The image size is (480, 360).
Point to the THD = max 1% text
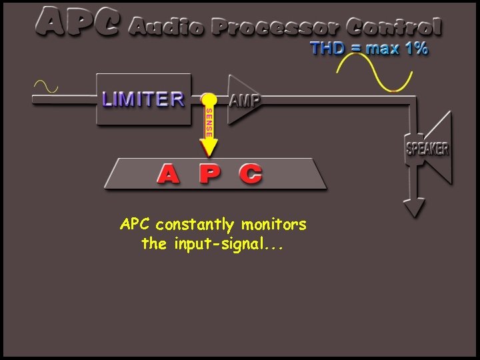click(369, 49)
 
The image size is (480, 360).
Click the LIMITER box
click(144, 99)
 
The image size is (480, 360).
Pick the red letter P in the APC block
click(209, 174)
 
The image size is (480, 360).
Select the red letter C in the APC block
click(251, 174)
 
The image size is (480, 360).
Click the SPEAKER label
click(427, 149)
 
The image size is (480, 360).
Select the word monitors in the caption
click(274, 225)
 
